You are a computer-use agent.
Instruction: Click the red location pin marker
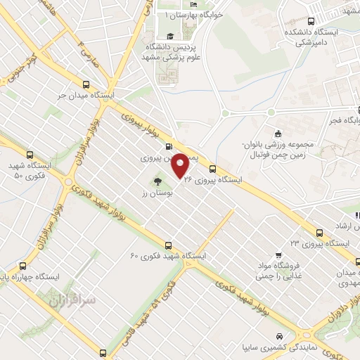click(181, 165)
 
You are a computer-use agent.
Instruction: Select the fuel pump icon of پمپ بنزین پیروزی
click(167, 146)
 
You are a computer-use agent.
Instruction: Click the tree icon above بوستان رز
click(156, 181)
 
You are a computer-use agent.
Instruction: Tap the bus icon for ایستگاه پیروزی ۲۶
click(213, 168)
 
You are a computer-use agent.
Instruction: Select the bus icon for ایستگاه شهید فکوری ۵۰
click(28, 155)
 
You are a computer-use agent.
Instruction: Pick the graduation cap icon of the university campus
click(169, 36)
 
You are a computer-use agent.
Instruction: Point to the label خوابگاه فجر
click(345, 120)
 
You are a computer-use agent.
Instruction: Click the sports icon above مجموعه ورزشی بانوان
click(278, 134)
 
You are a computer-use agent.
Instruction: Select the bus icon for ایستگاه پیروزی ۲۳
click(320, 232)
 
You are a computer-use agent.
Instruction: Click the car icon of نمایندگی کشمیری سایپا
click(281, 336)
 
